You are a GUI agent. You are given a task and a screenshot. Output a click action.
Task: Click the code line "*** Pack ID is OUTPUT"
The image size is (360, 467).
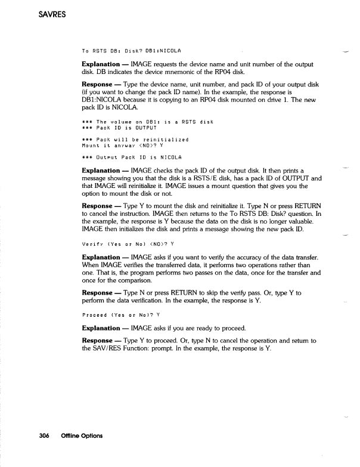coord(119,128)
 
